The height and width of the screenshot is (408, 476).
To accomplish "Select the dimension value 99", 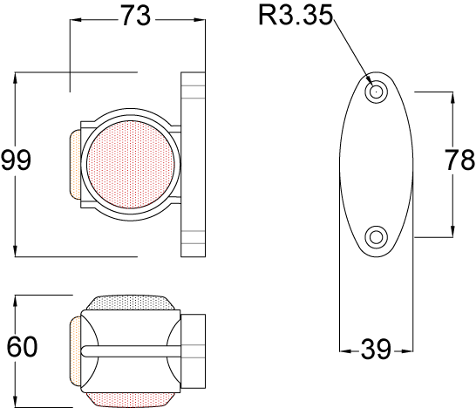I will coord(17,160).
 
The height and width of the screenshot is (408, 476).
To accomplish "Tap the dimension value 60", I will coord(22,347).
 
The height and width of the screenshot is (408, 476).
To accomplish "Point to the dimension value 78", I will coord(459,160).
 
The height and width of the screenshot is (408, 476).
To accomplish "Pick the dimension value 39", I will coord(375,350).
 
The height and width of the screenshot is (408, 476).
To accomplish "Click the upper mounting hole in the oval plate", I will coord(377,91).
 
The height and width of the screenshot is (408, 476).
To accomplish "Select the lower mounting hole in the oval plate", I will coord(377,235).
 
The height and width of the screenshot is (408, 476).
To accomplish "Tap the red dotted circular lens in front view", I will coord(132,165).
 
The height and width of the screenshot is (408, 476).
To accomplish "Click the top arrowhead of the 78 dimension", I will coord(452,96).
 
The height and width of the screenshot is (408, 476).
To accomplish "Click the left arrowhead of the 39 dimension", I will coord(344,350).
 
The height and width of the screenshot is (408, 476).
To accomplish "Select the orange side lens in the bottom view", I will coord(75,350).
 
